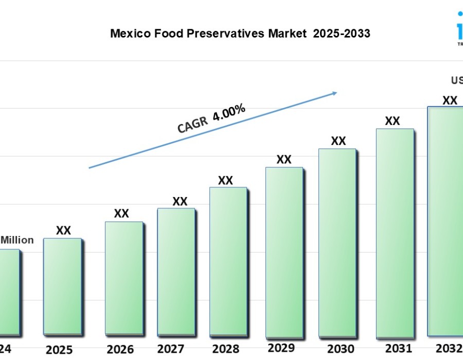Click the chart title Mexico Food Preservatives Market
[240, 34]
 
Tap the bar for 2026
[123, 278]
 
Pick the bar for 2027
[176, 271]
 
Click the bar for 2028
[228, 261]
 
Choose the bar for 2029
[284, 251]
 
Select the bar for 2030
[337, 242]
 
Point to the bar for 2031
[395, 232]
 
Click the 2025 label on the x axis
[59, 350]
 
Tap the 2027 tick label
[171, 349]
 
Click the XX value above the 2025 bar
[63, 230]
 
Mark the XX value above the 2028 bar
[225, 181]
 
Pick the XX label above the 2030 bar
[338, 141]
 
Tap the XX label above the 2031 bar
[393, 121]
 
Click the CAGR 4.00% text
[211, 118]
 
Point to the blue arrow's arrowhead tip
[337, 93]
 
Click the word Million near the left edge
[17, 240]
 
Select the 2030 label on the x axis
[340, 348]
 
